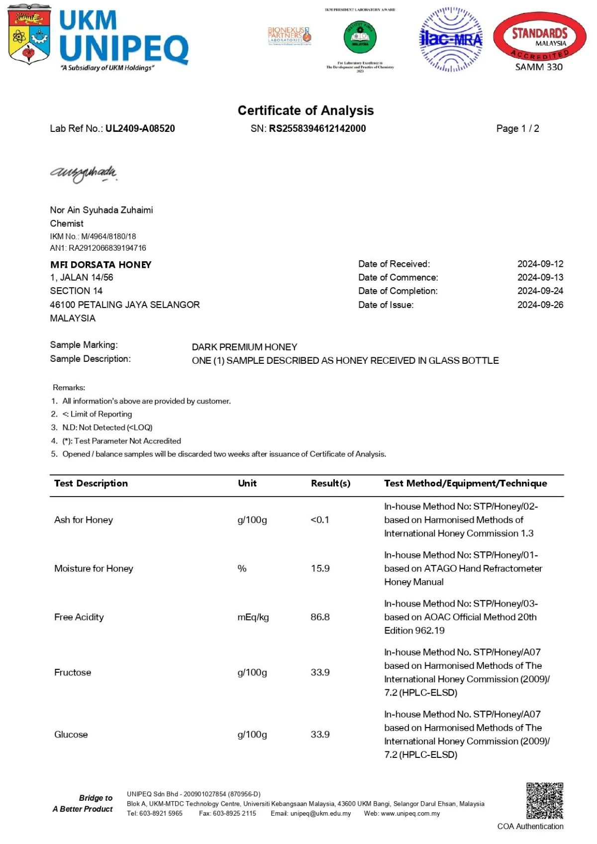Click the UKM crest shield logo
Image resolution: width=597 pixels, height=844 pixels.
click(x=29, y=35)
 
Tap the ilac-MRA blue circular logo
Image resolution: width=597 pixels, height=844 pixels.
click(x=451, y=39)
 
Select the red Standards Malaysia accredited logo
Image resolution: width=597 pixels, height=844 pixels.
click(x=539, y=38)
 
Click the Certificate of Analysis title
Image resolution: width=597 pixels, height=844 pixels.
click(x=305, y=110)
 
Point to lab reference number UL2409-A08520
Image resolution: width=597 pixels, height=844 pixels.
click(x=140, y=128)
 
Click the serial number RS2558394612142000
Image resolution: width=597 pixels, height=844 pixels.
click(x=317, y=128)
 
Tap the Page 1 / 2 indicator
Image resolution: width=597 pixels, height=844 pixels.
click(x=517, y=128)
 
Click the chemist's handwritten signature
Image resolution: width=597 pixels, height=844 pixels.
click(x=84, y=173)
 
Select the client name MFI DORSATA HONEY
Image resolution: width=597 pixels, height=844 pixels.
click(x=101, y=265)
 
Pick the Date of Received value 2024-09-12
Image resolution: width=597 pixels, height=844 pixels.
click(x=540, y=264)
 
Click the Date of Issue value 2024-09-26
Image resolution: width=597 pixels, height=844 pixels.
click(x=540, y=305)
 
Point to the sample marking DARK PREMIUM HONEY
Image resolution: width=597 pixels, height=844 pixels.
click(x=244, y=347)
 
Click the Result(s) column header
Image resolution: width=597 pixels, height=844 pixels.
click(x=330, y=483)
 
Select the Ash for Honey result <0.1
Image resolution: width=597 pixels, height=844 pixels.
click(x=320, y=520)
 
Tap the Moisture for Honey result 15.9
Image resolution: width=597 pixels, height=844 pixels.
click(x=320, y=568)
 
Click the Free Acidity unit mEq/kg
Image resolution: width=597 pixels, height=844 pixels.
click(x=253, y=617)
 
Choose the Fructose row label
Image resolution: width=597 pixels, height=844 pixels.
click(x=73, y=672)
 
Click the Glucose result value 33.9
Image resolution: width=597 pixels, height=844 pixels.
click(x=320, y=735)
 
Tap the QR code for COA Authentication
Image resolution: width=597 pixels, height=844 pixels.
click(x=545, y=801)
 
